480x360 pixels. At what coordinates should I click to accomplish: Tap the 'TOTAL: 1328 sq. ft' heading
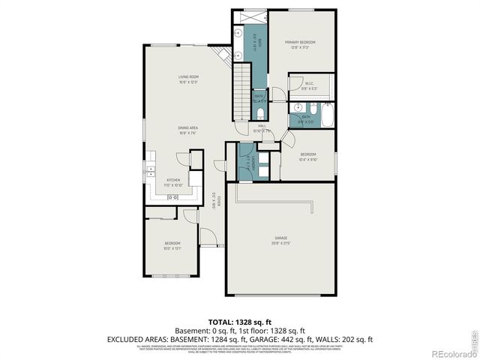(x=240, y=321)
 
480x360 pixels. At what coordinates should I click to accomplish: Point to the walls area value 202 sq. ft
(x=357, y=339)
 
